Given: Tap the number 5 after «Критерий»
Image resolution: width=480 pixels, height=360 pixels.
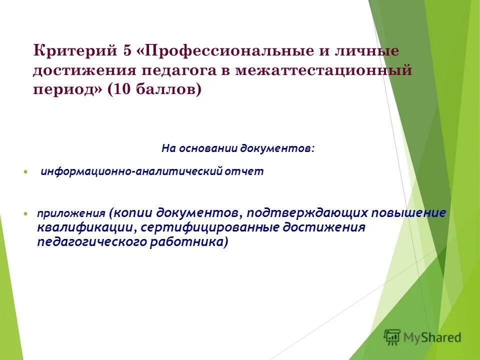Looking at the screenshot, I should (124, 51).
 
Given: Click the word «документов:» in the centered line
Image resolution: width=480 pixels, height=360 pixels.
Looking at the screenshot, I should (277, 148).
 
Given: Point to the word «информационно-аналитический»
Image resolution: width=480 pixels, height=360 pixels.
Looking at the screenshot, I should (131, 171).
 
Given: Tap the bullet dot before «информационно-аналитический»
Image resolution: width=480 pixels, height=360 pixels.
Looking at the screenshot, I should (26, 171).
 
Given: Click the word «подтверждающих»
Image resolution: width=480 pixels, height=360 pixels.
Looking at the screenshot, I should (306, 212).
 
